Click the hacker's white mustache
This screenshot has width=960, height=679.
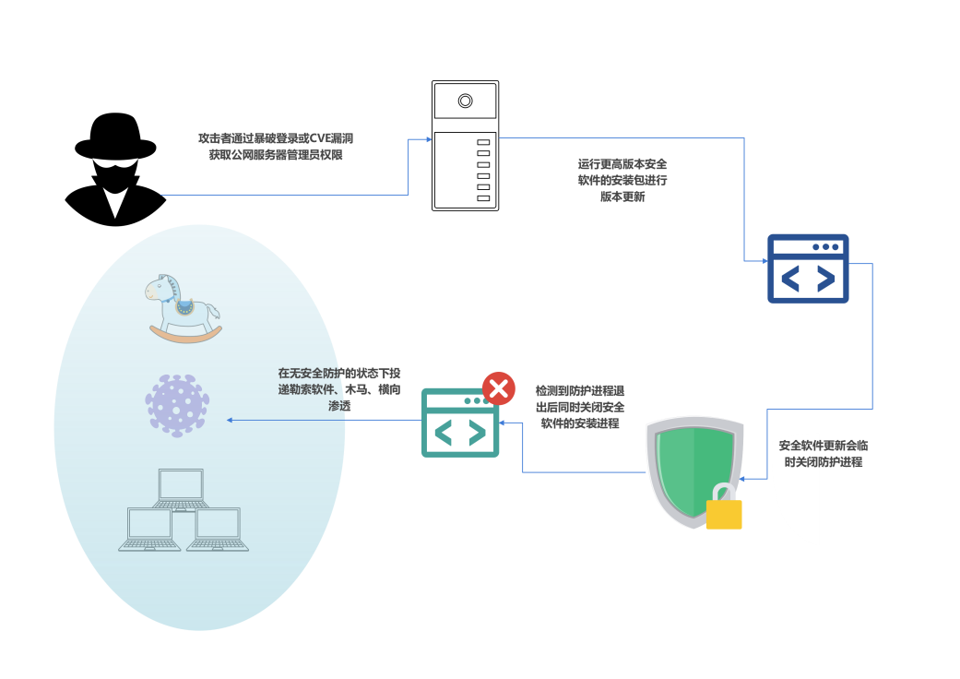115,164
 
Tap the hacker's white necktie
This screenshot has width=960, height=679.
114,202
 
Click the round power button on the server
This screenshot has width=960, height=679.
466,101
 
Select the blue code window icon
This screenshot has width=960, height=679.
808,268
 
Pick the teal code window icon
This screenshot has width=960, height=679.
460,423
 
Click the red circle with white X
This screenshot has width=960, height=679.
499,388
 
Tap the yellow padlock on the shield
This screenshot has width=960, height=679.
724,510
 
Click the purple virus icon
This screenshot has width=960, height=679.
176,405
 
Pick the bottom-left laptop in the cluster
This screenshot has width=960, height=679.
149,530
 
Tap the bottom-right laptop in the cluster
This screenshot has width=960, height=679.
218,530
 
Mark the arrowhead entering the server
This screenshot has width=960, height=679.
429,139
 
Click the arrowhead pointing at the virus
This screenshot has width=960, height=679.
230,420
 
